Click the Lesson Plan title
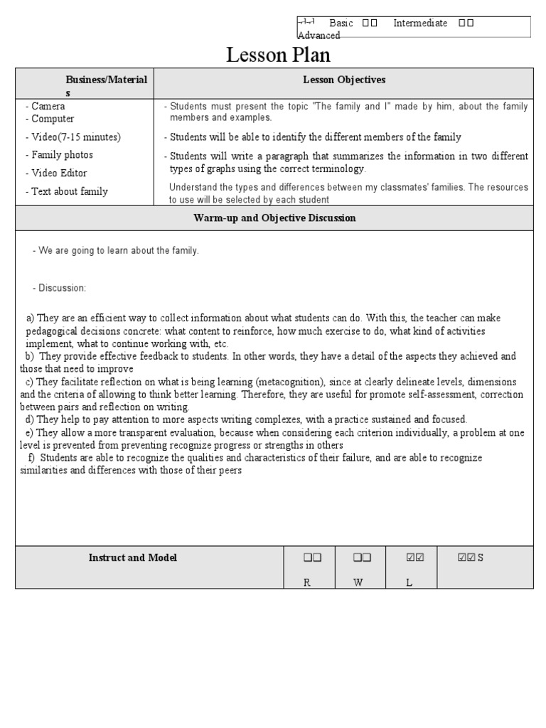pos(278,55)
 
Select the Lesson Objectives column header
pos(344,80)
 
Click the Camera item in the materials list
pos(48,106)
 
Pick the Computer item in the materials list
pos(53,119)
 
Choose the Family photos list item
pos(63,154)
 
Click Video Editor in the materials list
pos(59,173)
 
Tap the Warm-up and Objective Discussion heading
pos(274,218)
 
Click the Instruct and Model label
pos(133,557)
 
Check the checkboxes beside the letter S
pos(466,557)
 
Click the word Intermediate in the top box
pos(420,23)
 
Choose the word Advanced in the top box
pos(318,36)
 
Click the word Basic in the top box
pos(341,23)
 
